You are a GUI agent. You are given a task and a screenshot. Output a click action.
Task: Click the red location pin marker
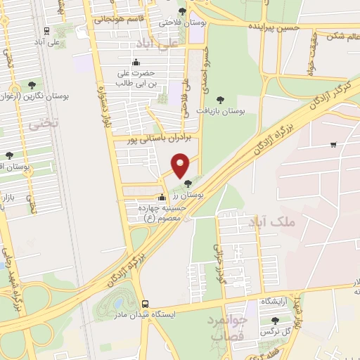181,165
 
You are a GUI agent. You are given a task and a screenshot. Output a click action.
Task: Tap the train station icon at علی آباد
46,31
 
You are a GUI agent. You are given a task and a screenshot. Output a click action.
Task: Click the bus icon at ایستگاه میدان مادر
145,304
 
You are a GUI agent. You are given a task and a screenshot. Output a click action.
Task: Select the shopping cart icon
333,145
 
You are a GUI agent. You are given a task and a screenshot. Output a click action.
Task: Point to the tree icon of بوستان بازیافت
220,100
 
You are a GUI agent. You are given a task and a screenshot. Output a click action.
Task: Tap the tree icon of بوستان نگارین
32,84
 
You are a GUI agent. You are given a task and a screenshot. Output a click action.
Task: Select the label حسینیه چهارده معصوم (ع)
163,212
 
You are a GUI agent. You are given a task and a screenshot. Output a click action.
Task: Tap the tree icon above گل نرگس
275,321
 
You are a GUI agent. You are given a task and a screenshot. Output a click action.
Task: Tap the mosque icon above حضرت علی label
136,61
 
